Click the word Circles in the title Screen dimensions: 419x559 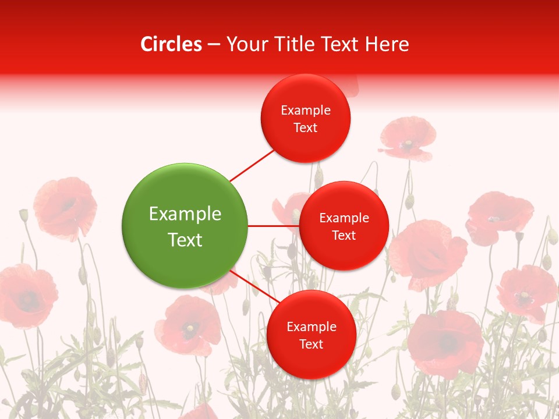click(x=171, y=44)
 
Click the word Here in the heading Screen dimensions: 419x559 click(x=388, y=44)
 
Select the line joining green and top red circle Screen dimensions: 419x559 click(x=252, y=165)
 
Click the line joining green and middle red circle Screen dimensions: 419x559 click(x=273, y=225)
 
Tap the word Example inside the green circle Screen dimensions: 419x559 click(x=185, y=214)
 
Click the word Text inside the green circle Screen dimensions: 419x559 click(x=185, y=240)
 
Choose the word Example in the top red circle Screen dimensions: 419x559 click(x=306, y=111)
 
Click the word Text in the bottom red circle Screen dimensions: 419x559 click(x=311, y=344)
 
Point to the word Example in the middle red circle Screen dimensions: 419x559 click(x=344, y=218)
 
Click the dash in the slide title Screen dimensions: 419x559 click(x=214, y=44)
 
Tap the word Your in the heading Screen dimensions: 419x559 click(x=245, y=44)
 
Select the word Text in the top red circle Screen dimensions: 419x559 click(x=306, y=128)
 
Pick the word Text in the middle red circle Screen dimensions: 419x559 click(x=344, y=235)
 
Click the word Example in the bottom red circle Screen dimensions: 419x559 click(x=312, y=326)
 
